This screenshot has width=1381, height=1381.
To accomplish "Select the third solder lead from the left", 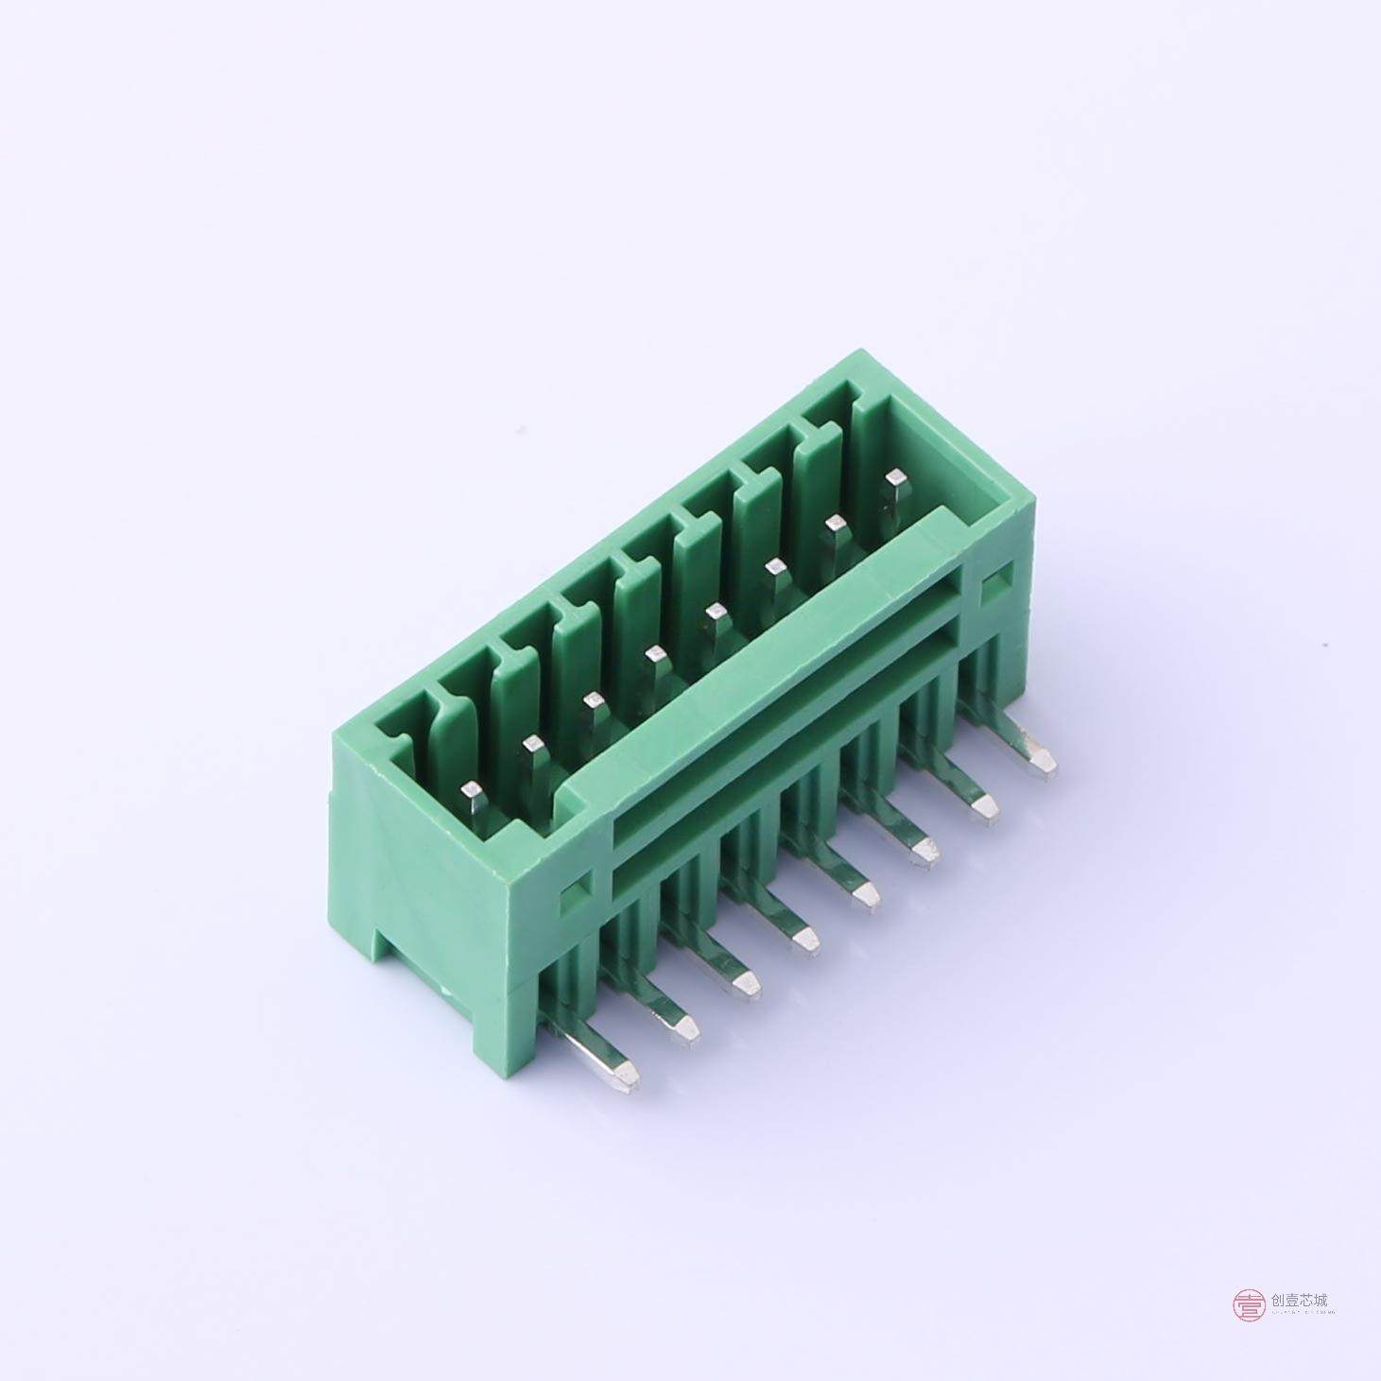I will click(x=746, y=983).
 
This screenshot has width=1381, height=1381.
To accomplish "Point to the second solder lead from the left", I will click(x=684, y=1026).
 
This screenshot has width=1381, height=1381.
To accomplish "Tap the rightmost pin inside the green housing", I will click(x=892, y=481).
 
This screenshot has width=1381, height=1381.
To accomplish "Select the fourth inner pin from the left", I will click(x=652, y=655).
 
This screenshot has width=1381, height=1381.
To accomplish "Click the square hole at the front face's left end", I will click(x=574, y=895).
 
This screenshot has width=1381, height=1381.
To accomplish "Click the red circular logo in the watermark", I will click(x=1248, y=1305).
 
